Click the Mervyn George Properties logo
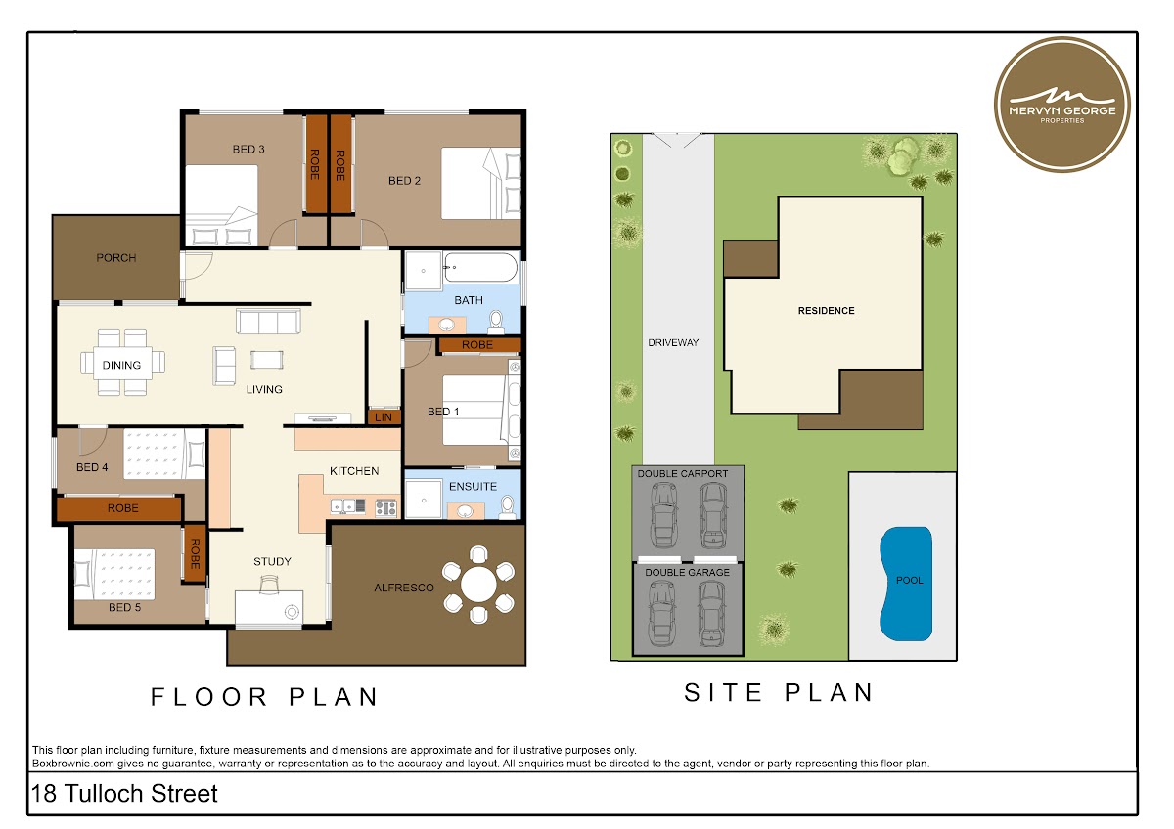tap(1061, 105)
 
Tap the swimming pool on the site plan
tap(906, 584)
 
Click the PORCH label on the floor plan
tap(116, 258)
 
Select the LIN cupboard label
tap(384, 416)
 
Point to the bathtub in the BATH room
tap(480, 267)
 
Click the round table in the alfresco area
tap(478, 585)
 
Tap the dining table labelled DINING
tap(122, 363)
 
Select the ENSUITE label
tap(473, 487)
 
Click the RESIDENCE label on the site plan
tap(826, 311)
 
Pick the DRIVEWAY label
tap(673, 342)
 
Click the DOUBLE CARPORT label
tap(683, 473)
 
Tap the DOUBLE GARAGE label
tap(687, 573)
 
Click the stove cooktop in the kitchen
tap(385, 507)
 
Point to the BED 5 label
tap(125, 607)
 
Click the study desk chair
tap(269, 584)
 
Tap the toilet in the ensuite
tap(508, 507)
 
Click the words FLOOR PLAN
tap(265, 697)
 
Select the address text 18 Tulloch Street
tap(124, 794)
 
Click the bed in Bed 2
tap(480, 183)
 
